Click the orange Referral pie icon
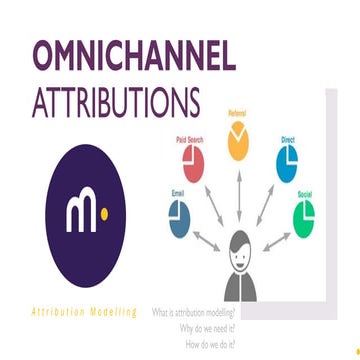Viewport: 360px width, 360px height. coord(238,142)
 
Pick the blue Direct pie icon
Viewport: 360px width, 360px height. coord(287,161)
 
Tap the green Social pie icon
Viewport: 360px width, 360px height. coord(306,216)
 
